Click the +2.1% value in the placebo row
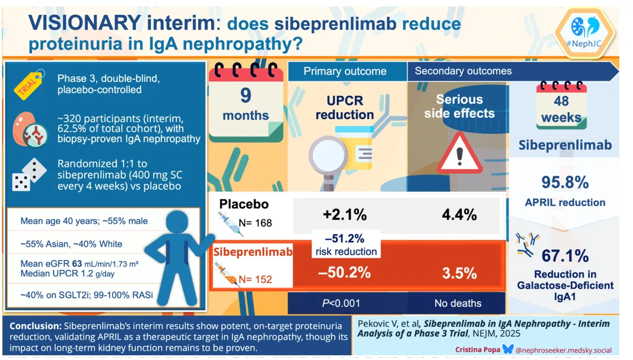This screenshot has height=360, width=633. click(345, 214)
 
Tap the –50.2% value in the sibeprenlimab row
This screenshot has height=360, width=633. click(345, 273)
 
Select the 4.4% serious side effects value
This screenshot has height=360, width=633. click(459, 214)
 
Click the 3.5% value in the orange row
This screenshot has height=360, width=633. click(459, 273)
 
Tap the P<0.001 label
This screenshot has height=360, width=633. click(345, 303)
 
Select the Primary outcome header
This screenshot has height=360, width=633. click(345, 71)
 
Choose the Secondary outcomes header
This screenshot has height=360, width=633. click(463, 71)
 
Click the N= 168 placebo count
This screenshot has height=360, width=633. click(256, 223)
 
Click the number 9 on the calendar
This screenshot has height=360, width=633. click(246, 96)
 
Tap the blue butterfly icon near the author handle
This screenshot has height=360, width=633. click(507, 349)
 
